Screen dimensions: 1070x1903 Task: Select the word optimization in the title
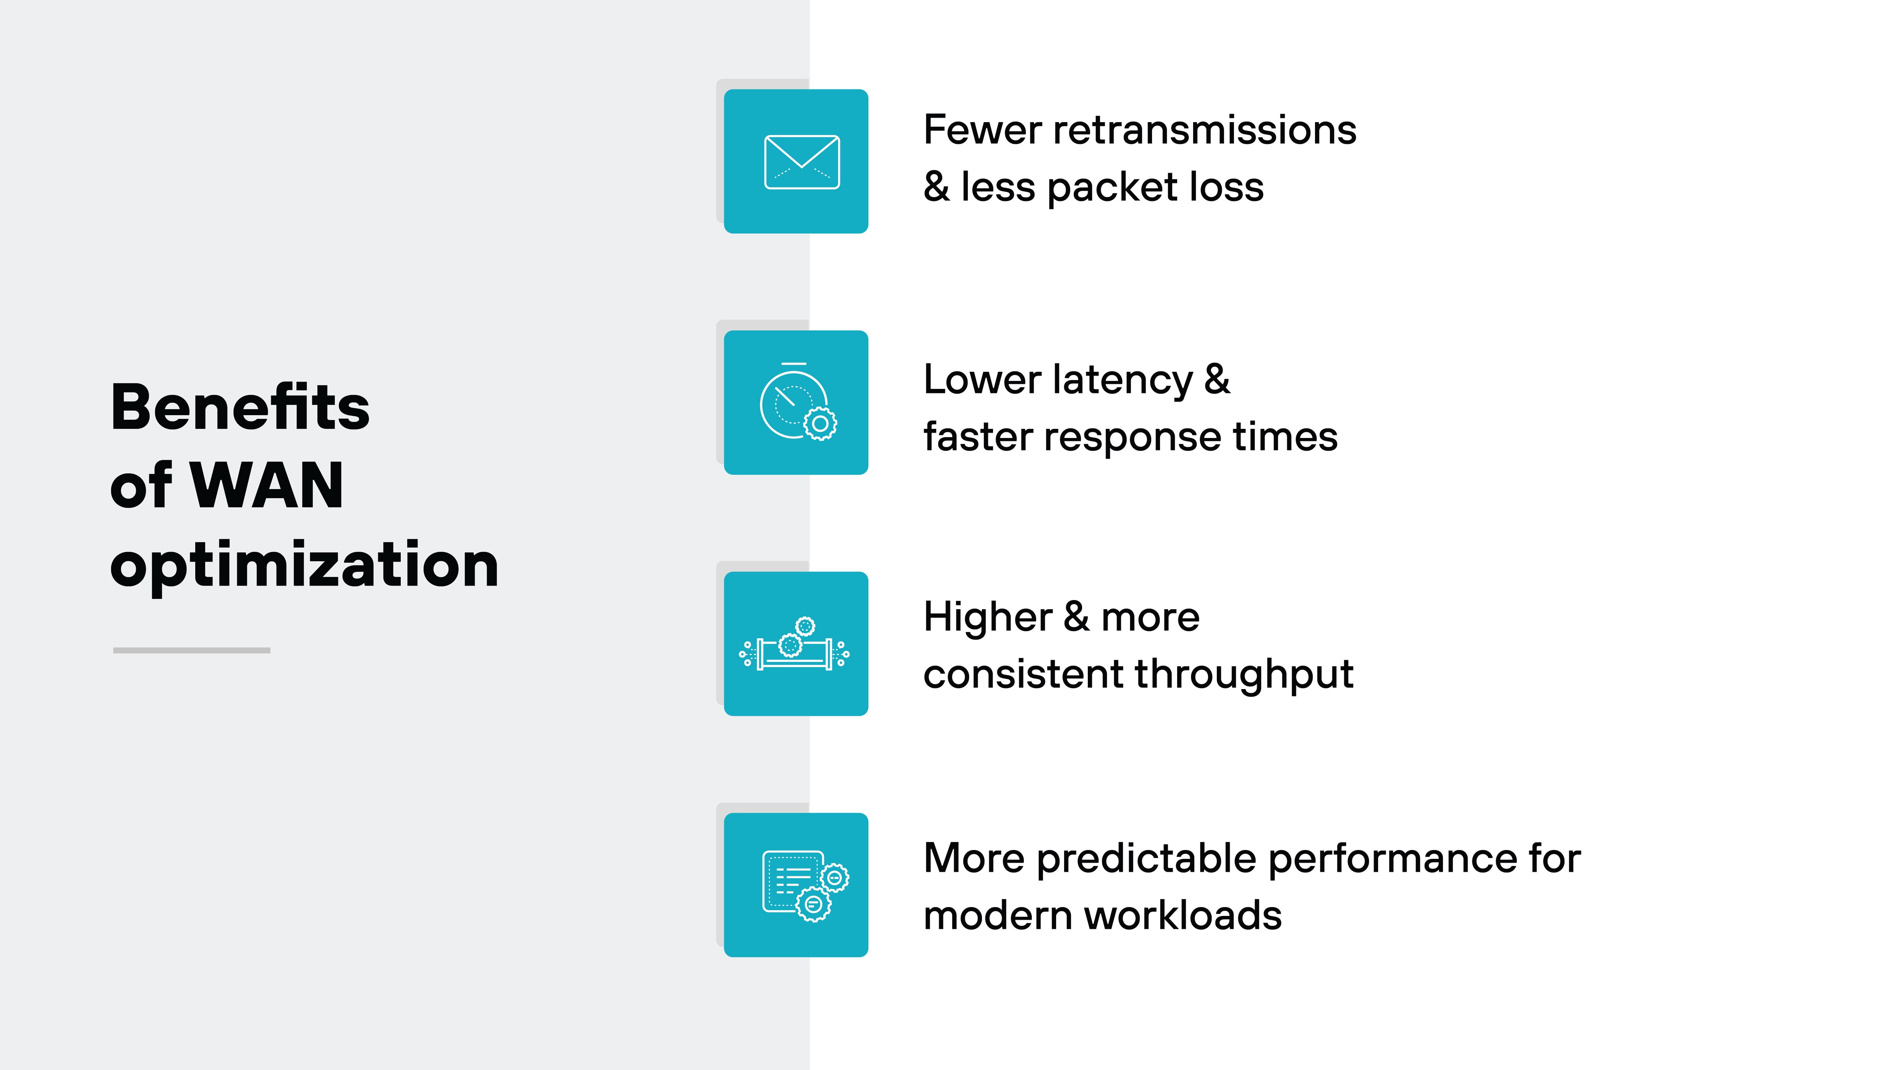point(304,565)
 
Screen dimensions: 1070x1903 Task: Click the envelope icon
point(802,162)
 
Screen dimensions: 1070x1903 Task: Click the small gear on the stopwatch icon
point(820,424)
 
